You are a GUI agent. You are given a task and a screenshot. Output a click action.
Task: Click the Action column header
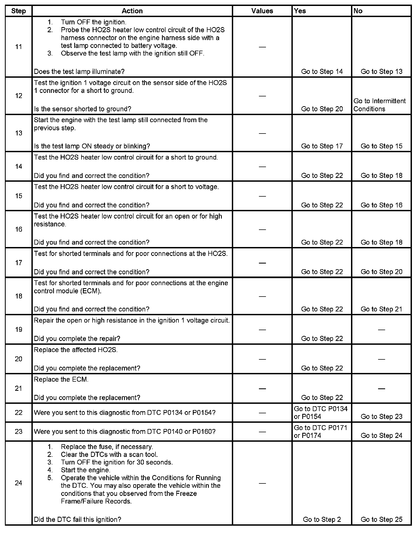click(x=132, y=11)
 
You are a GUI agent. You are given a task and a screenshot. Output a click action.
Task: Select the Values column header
click(x=262, y=11)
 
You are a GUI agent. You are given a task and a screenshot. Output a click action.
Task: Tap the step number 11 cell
click(x=18, y=47)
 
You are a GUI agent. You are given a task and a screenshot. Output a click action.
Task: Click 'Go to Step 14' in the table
click(x=322, y=71)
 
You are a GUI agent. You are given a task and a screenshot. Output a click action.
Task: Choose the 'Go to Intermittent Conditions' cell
click(x=379, y=105)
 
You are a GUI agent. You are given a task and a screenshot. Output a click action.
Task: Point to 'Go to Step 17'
click(x=322, y=146)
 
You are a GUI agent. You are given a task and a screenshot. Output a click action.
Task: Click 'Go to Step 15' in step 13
click(x=381, y=146)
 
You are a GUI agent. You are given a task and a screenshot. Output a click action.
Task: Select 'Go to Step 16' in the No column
click(x=381, y=205)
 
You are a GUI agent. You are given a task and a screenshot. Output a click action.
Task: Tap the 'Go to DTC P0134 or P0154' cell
click(x=321, y=412)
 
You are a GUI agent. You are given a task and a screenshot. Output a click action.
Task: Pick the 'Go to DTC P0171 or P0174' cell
click(x=321, y=431)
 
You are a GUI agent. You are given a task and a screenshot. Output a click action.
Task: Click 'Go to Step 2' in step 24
click(x=322, y=519)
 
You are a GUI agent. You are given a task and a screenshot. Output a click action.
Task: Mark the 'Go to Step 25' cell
click(x=381, y=519)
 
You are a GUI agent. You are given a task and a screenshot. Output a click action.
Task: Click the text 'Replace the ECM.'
click(x=61, y=379)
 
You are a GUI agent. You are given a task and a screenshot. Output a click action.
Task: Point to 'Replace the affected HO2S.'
click(x=76, y=350)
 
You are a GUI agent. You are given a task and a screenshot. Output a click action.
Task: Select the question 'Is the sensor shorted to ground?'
click(x=83, y=109)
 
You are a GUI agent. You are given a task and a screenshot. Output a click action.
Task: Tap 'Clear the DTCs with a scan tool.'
click(x=109, y=454)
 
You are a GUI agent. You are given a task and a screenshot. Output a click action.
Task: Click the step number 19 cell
click(x=18, y=329)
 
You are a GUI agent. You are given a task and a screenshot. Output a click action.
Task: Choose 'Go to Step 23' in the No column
click(x=381, y=417)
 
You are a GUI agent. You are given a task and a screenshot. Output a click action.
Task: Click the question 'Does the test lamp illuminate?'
click(x=79, y=71)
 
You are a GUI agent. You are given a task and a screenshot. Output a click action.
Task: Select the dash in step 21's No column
click(x=381, y=389)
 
